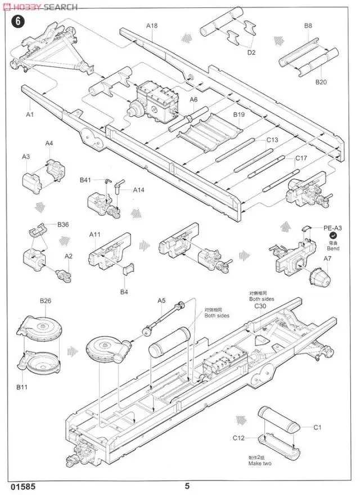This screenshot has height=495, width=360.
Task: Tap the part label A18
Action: click(152, 26)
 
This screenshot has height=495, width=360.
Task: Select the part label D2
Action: click(251, 52)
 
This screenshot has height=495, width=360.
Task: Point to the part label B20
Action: click(321, 82)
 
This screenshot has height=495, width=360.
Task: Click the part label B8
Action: click(308, 26)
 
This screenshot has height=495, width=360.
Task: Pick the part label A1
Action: click(30, 114)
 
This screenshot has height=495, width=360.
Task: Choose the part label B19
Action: click(240, 114)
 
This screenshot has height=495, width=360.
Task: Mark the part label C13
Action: click(272, 140)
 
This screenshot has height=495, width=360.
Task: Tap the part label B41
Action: click(85, 180)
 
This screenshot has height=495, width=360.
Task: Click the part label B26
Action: click(45, 301)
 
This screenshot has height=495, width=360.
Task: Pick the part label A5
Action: click(161, 301)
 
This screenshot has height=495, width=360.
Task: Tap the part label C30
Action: click(259, 307)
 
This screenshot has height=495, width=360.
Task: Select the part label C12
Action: click(239, 438)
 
